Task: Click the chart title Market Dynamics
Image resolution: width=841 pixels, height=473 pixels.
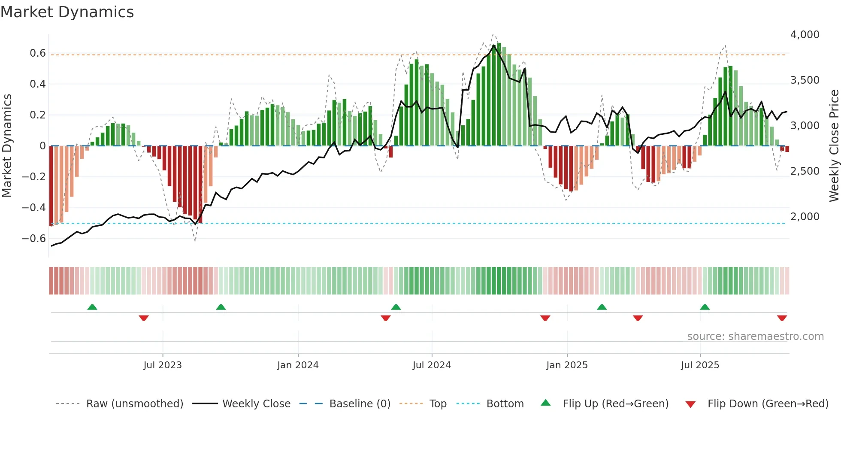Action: tap(67, 12)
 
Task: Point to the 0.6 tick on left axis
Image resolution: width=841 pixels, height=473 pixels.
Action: tap(38, 53)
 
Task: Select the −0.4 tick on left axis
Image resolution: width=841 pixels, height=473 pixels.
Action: tap(34, 208)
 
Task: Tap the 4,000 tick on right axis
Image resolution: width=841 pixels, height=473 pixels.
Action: tap(805, 35)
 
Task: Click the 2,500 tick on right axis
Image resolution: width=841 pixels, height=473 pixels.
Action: tap(805, 171)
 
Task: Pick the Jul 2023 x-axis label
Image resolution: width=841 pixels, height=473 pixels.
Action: tap(163, 365)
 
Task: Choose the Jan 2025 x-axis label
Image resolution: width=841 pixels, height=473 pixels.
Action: tap(567, 365)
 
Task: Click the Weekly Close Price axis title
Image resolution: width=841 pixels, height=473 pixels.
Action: tap(834, 146)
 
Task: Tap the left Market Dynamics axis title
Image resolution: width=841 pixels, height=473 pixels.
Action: tap(7, 146)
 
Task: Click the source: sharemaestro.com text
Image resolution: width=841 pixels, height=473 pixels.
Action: tap(755, 337)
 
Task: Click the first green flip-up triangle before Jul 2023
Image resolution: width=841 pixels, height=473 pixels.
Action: tap(92, 307)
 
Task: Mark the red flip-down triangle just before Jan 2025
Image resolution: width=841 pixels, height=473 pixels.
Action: tap(545, 318)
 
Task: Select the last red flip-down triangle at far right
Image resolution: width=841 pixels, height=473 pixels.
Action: tap(782, 318)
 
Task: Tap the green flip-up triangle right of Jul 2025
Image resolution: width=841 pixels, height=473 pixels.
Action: tap(705, 307)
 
